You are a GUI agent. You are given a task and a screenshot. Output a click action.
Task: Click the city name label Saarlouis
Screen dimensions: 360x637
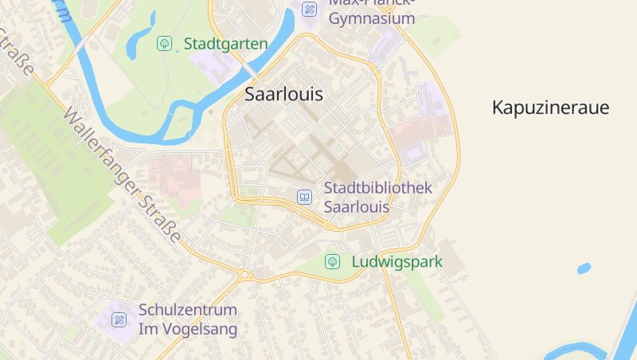pyautogui.click(x=283, y=94)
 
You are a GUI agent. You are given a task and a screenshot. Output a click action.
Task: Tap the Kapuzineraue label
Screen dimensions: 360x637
pyautogui.click(x=550, y=108)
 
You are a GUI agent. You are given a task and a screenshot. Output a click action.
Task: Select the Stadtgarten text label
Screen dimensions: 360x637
pyautogui.click(x=225, y=44)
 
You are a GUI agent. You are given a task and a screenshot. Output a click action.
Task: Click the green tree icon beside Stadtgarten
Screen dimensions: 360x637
pyautogui.click(x=164, y=44)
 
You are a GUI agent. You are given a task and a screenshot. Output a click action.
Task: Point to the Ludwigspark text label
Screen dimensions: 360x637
pyautogui.click(x=397, y=261)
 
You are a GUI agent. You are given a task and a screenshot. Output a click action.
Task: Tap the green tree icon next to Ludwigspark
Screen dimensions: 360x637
pyautogui.click(x=333, y=261)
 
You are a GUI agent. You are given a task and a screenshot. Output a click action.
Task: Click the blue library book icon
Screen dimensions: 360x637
pyautogui.click(x=304, y=197)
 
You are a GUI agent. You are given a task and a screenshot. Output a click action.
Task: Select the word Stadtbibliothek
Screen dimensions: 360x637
pyautogui.click(x=377, y=188)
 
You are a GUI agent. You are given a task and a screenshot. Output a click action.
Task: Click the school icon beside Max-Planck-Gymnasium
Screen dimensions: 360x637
pyautogui.click(x=309, y=9)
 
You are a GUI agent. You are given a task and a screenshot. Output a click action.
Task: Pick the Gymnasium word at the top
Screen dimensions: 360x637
pyautogui.click(x=372, y=18)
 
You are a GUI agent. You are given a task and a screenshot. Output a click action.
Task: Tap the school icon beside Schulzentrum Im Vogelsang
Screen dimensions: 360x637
pyautogui.click(x=119, y=319)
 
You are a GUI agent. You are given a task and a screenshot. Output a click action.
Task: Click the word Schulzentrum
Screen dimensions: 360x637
pyautogui.click(x=188, y=310)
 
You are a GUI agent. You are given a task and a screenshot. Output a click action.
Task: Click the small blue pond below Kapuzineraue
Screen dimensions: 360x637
pyautogui.click(x=584, y=268)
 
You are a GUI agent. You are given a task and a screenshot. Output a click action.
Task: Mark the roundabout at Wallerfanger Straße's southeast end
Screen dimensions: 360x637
pyautogui.click(x=245, y=275)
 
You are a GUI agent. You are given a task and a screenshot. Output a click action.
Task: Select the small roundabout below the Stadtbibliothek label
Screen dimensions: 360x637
pyautogui.click(x=327, y=226)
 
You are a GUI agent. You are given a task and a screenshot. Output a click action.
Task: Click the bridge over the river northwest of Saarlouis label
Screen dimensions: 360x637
pyautogui.click(x=249, y=70)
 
